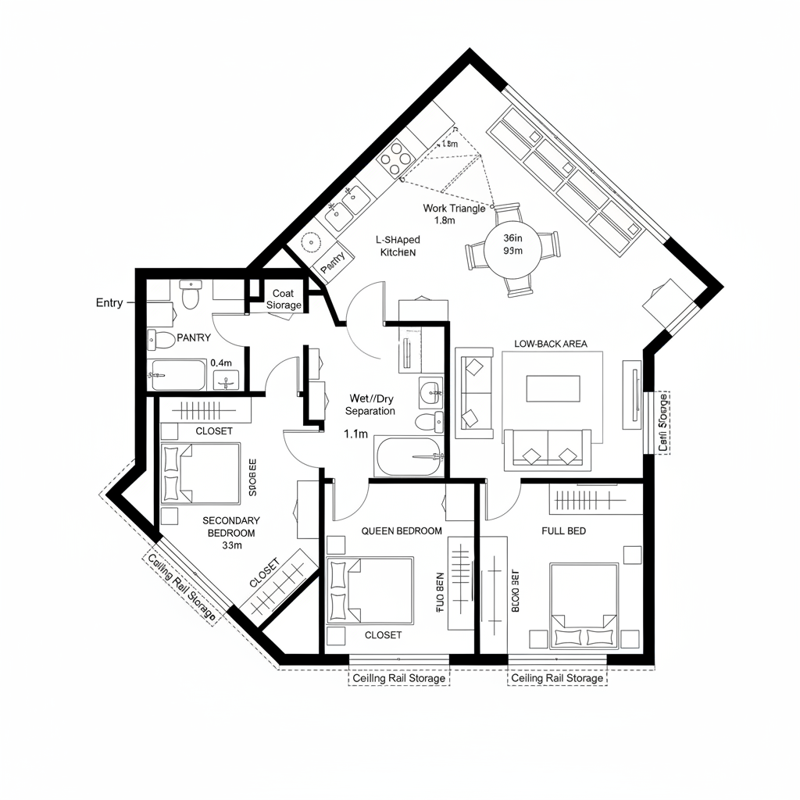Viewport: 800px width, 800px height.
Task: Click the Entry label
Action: pos(109,302)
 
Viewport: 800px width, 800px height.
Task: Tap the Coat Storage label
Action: pos(283,298)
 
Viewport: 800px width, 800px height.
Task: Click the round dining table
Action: pos(513,250)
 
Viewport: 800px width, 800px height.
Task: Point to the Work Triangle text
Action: pos(454,208)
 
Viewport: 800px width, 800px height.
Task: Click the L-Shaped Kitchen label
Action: pos(398,246)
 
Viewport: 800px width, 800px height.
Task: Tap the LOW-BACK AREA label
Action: pos(551,343)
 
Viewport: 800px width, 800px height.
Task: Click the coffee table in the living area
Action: pos(553,388)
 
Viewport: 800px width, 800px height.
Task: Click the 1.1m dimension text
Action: pos(355,434)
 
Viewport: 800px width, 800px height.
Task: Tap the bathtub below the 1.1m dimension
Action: pos(409,458)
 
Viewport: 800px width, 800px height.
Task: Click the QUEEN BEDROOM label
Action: pos(402,530)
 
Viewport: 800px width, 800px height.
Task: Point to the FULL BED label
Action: pos(563,530)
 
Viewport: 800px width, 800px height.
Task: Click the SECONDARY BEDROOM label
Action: pos(230,526)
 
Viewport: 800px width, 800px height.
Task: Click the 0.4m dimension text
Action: pos(222,363)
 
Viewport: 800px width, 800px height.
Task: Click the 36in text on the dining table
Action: pos(513,237)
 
